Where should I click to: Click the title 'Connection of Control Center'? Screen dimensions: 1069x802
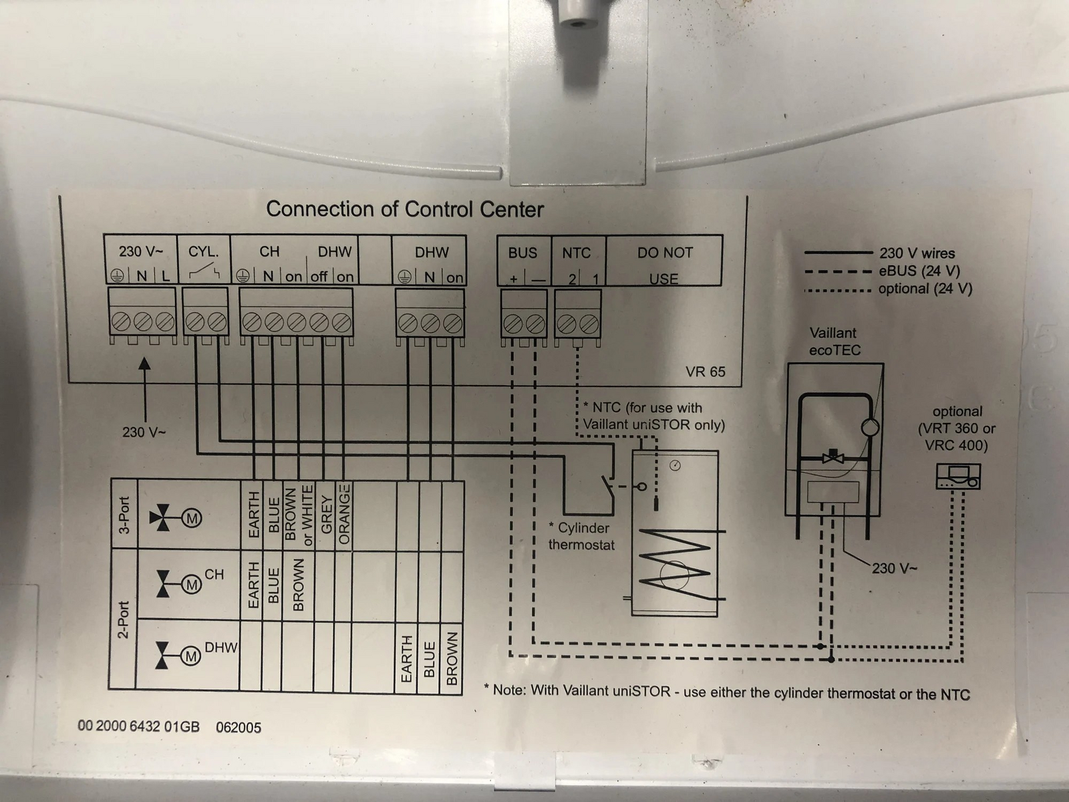(405, 209)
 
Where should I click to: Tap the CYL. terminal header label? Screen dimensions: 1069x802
(204, 252)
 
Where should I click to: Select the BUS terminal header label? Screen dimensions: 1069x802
(522, 253)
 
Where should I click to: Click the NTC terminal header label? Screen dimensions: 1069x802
(576, 253)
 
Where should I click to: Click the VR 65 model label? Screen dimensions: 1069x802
(705, 372)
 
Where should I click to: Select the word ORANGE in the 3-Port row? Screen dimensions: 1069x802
(344, 514)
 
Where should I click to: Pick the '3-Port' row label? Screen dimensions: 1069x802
(125, 515)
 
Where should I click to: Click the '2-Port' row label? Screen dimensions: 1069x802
(124, 620)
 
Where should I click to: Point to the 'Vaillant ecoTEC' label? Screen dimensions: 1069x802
(834, 342)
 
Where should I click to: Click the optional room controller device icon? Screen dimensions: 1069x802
(958, 477)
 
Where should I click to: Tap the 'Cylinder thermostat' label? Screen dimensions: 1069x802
(581, 536)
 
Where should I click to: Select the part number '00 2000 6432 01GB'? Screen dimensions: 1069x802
(139, 726)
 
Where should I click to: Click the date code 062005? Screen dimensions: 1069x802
(239, 728)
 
